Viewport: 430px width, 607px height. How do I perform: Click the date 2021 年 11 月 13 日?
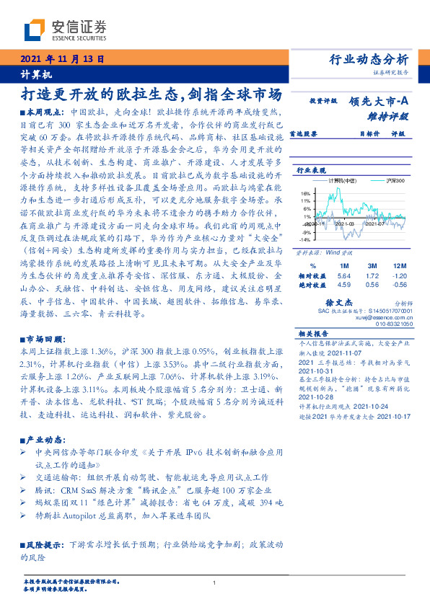coord(62,60)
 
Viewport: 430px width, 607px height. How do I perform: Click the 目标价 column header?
coord(348,133)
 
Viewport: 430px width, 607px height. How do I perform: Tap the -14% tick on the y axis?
coord(305,239)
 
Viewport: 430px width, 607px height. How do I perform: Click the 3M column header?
coord(371,266)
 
